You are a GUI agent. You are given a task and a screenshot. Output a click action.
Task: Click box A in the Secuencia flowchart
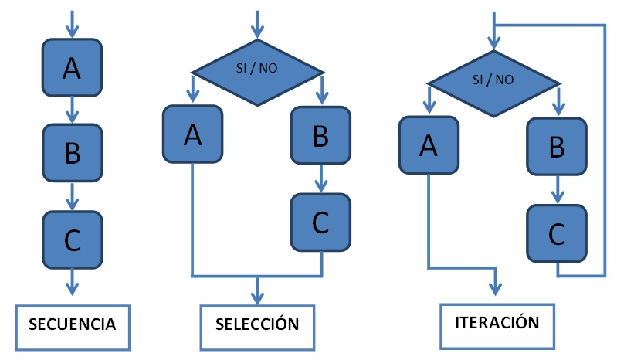click(x=72, y=68)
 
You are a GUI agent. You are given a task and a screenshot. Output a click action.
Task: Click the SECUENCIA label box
click(x=72, y=324)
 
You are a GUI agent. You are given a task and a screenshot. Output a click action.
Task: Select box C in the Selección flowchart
click(x=320, y=222)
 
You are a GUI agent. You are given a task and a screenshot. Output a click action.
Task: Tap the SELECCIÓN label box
click(x=257, y=324)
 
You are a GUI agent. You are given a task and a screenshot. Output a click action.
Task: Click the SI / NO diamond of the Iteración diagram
click(x=493, y=79)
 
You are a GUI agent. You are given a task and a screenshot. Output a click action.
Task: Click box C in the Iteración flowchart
click(x=557, y=232)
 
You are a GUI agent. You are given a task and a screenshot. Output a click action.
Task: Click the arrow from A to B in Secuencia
click(x=72, y=110)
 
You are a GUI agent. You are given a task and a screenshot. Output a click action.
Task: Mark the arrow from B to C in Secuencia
click(x=72, y=196)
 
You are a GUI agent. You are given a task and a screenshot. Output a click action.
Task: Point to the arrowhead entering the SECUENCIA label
click(x=72, y=289)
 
